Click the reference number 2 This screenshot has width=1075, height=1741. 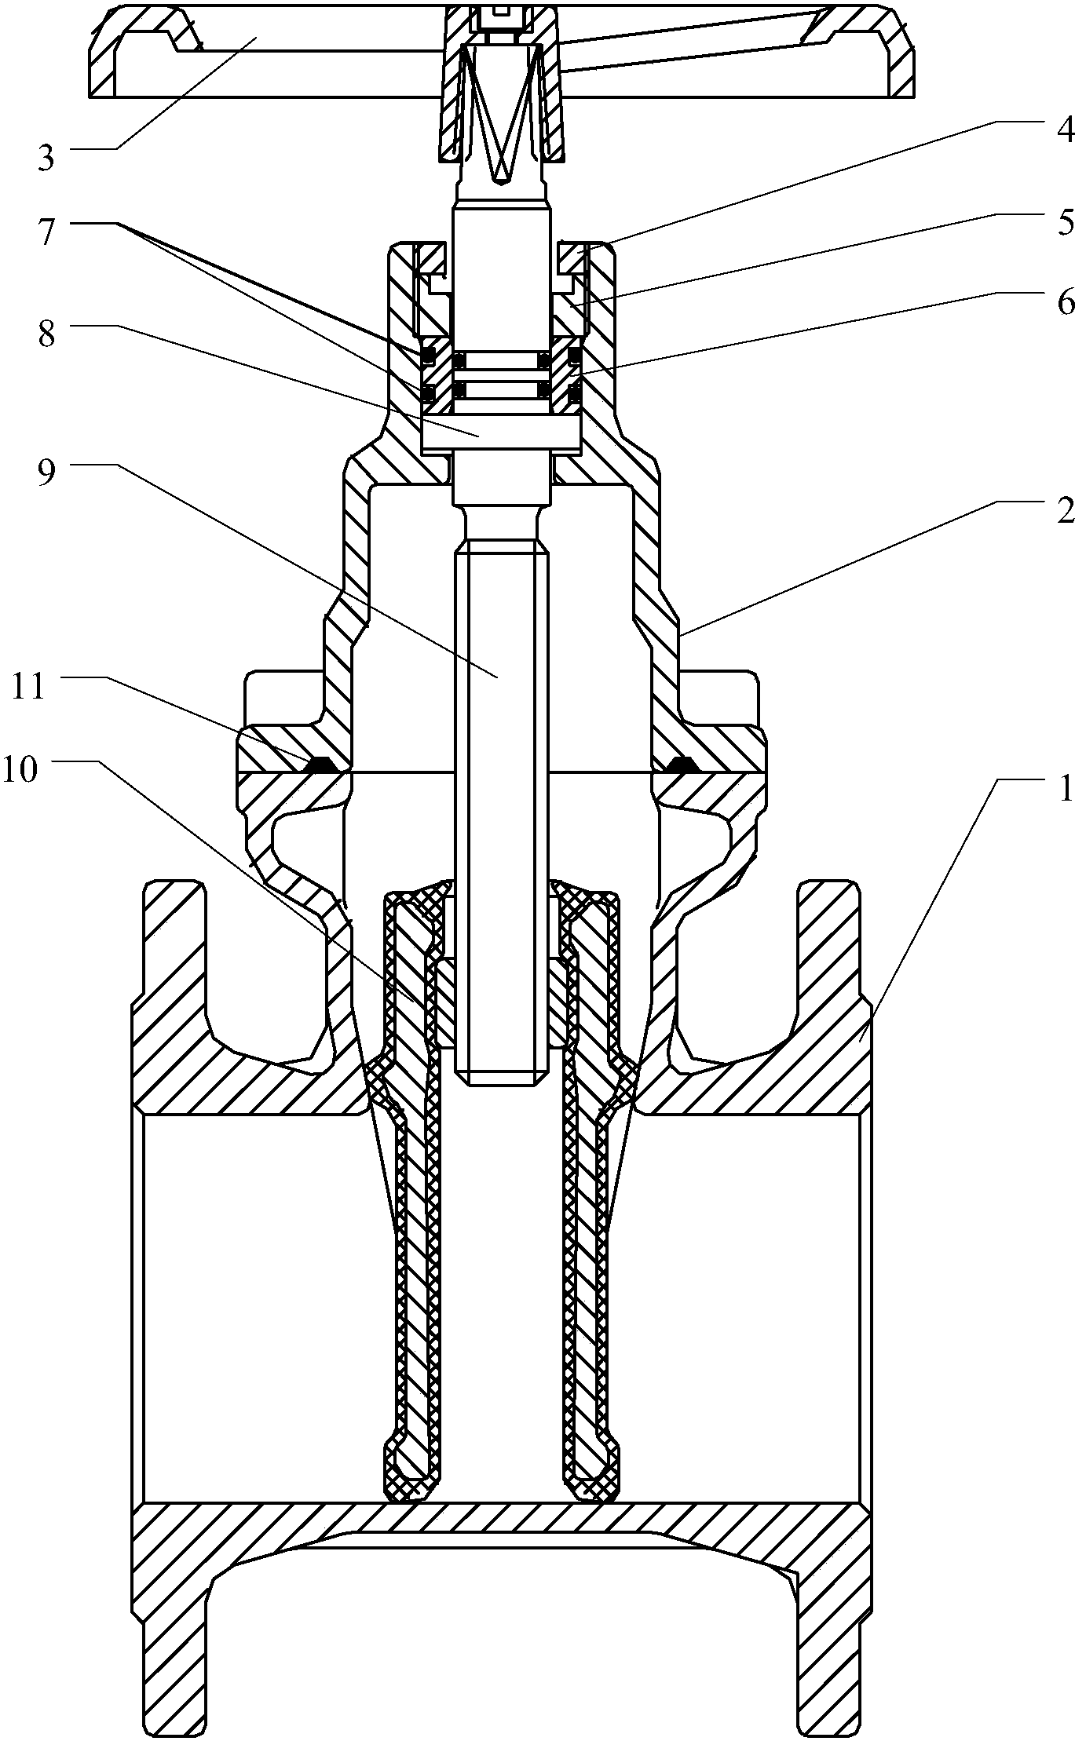(x=1064, y=512)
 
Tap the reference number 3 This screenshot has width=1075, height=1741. (x=46, y=158)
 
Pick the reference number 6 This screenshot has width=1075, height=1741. (x=1064, y=301)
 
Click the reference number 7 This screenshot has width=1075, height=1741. (x=46, y=211)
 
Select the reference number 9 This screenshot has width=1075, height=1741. (x=46, y=473)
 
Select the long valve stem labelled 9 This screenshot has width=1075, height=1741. (x=500, y=785)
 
